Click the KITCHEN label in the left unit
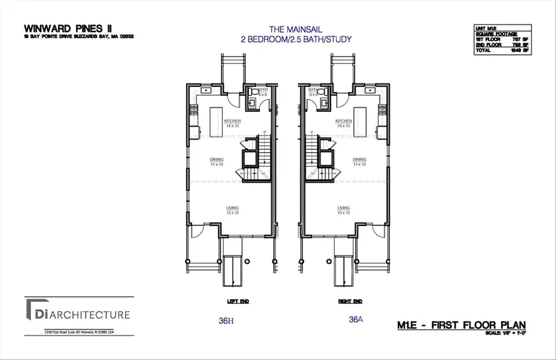point(232,121)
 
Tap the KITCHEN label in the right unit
point(343,121)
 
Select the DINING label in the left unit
point(216,159)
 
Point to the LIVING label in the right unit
point(343,208)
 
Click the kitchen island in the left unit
point(216,117)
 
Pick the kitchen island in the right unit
point(361,117)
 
